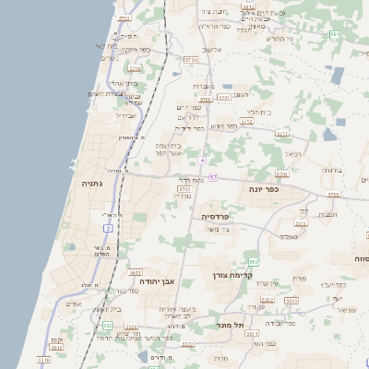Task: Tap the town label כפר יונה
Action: (x=265, y=188)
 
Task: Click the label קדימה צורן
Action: (x=232, y=275)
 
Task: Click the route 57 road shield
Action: (x=213, y=177)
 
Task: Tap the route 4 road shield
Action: (x=201, y=161)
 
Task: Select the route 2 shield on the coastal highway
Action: (x=108, y=227)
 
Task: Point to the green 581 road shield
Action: (x=335, y=34)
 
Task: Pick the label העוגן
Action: (x=243, y=95)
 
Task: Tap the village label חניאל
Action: (x=292, y=154)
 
